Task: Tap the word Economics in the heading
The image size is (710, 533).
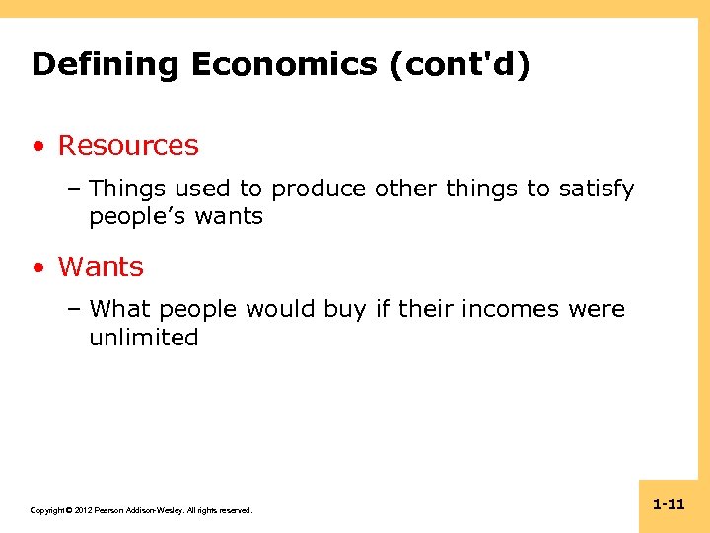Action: point(283,65)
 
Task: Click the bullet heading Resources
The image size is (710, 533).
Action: point(128,146)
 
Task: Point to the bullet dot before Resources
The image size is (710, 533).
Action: point(37,147)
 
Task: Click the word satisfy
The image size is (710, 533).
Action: point(597,189)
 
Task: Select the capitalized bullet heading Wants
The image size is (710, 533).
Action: point(101,267)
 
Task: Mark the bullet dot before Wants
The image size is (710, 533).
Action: point(37,268)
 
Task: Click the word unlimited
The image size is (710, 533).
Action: point(144,338)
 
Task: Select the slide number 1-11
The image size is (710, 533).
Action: point(669,504)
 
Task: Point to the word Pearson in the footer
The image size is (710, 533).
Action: point(112,510)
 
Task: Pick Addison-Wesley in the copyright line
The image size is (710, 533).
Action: point(161,510)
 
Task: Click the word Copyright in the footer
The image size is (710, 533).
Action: point(48,510)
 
